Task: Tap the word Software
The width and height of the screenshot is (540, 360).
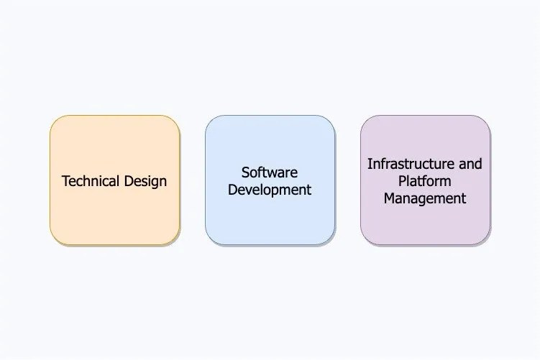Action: point(270,172)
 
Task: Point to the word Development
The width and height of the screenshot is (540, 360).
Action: point(270,190)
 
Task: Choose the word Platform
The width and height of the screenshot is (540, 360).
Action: point(425,181)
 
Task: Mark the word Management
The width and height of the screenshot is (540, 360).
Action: point(425,198)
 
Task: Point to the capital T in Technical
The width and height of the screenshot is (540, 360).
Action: point(65,181)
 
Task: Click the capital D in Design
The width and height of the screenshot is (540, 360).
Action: point(129,181)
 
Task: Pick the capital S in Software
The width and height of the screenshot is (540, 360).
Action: point(245,172)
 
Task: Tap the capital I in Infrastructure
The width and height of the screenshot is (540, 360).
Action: point(370,164)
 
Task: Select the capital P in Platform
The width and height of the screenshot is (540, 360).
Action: point(402,181)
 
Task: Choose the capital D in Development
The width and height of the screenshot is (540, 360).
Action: point(232,190)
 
